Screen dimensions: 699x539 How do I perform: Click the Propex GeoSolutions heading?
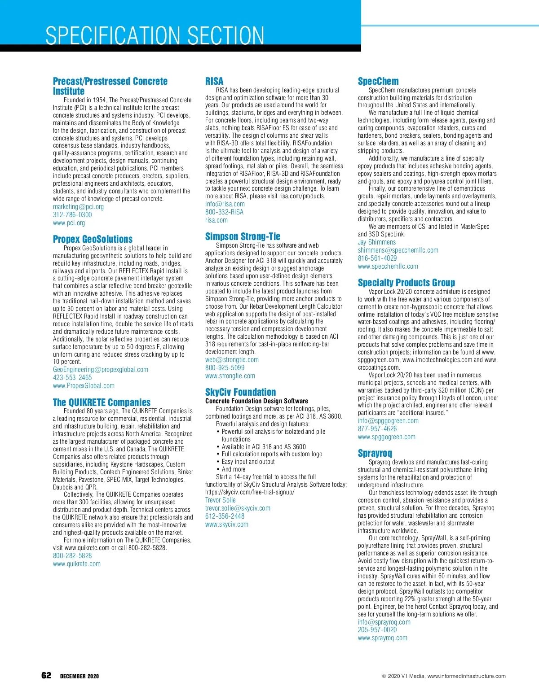[93, 239]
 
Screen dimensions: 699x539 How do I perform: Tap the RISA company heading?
[214, 81]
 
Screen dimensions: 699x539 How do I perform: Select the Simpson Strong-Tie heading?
[243, 236]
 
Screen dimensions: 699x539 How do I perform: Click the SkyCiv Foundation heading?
[240, 392]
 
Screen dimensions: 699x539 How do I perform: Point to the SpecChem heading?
[378, 81]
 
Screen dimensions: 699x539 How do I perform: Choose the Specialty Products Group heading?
[406, 283]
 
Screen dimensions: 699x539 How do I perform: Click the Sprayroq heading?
[375, 453]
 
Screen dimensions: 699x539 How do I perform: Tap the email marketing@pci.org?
[78, 207]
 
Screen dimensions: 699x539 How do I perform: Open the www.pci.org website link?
[69, 223]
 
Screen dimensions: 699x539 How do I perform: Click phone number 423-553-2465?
[72, 378]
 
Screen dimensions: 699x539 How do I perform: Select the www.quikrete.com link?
[77, 564]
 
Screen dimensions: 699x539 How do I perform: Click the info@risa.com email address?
[225, 204]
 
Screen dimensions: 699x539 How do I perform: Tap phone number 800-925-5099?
[225, 368]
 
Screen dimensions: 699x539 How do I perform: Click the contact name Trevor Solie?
[221, 500]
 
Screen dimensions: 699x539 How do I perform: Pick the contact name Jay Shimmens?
[377, 242]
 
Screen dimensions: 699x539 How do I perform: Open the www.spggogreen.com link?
[386, 437]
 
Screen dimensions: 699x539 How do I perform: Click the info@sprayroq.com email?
[384, 622]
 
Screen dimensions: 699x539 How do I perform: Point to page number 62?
[46, 676]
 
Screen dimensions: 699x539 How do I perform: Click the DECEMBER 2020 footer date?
[80, 677]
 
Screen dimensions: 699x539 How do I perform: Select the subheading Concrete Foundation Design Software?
[256, 401]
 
